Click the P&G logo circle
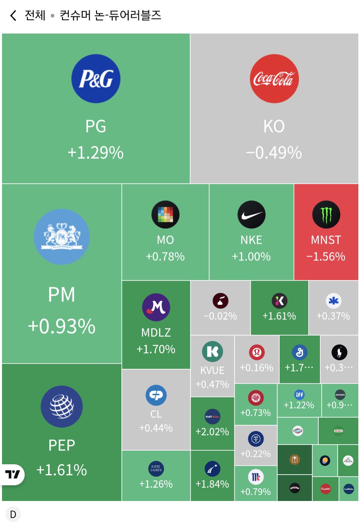pyautogui.click(x=96, y=79)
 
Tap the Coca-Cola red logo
pyautogui.click(x=274, y=79)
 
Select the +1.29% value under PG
pyautogui.click(x=96, y=153)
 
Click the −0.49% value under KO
pyautogui.click(x=274, y=153)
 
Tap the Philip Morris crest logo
pyautogui.click(x=62, y=237)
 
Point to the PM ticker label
pyautogui.click(x=62, y=295)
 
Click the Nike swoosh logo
pyautogui.click(x=251, y=214)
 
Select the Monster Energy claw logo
pyautogui.click(x=326, y=214)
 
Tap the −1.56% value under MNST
pyautogui.click(x=326, y=256)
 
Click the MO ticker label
pyautogui.click(x=165, y=240)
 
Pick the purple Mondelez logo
pyautogui.click(x=156, y=307)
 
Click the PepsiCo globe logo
pyautogui.click(x=62, y=407)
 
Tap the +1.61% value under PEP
pyautogui.click(x=62, y=470)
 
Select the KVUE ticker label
pyautogui.click(x=212, y=370)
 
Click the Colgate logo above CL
pyautogui.click(x=156, y=395)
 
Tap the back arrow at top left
pyautogui.click(x=13, y=15)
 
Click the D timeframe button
pyautogui.click(x=13, y=514)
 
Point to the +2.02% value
pyautogui.click(x=212, y=432)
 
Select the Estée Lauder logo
pyautogui.click(x=156, y=469)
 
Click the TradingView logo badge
pyautogui.click(x=13, y=474)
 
